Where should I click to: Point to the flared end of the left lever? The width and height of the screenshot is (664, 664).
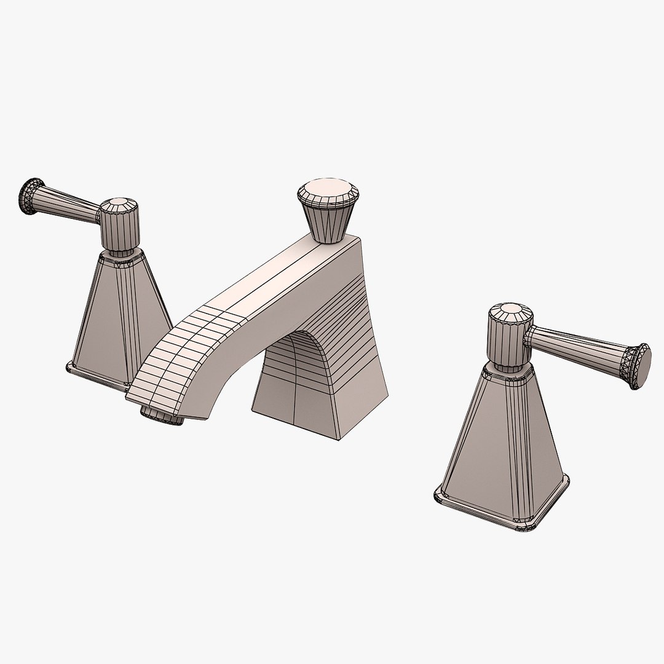click(x=31, y=196)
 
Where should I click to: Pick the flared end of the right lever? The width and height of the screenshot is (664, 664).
click(x=640, y=366)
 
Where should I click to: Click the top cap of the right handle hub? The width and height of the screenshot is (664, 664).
click(x=511, y=311)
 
